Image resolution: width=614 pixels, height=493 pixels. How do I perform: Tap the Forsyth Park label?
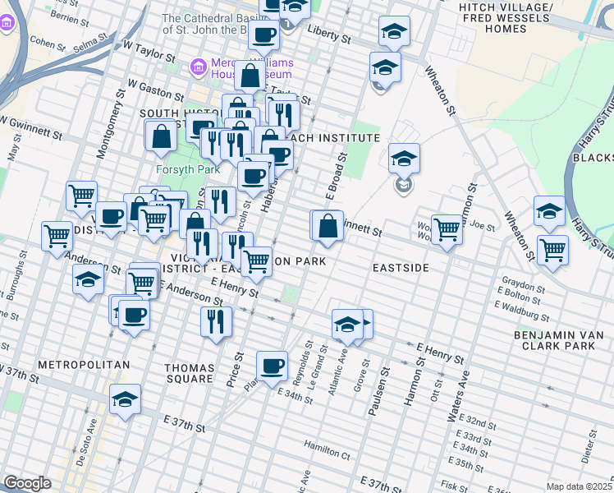click(x=186, y=171)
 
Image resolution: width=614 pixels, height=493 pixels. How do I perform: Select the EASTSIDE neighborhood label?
click(x=401, y=268)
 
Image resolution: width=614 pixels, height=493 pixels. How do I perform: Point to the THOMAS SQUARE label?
click(x=189, y=374)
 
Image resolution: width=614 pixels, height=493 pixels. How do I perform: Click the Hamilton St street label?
click(x=328, y=449)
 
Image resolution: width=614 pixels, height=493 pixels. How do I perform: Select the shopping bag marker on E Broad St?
click(x=328, y=226)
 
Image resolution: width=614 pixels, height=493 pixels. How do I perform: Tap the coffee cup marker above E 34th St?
click(x=272, y=366)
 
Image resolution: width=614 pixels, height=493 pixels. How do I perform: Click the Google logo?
click(x=27, y=482)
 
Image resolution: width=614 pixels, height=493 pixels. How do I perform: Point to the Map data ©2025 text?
click(x=579, y=486)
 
